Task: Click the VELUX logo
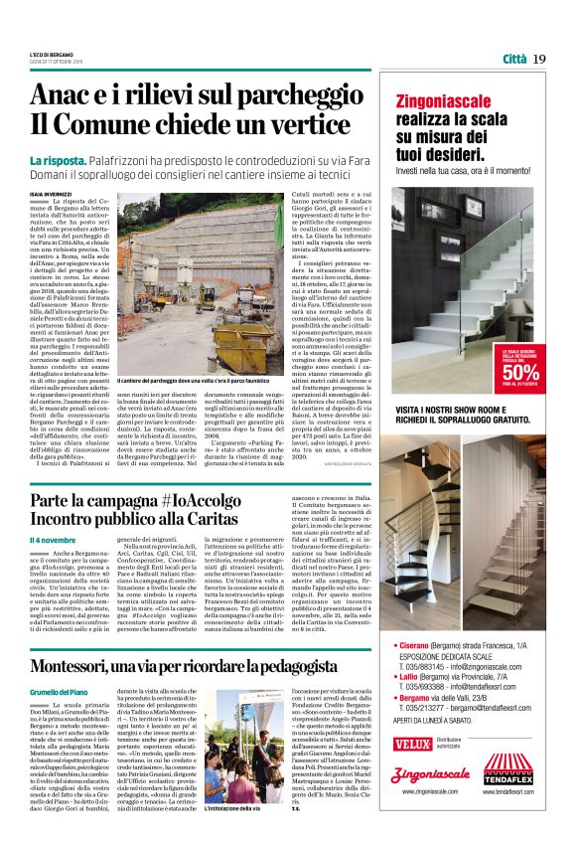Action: [412, 743]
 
